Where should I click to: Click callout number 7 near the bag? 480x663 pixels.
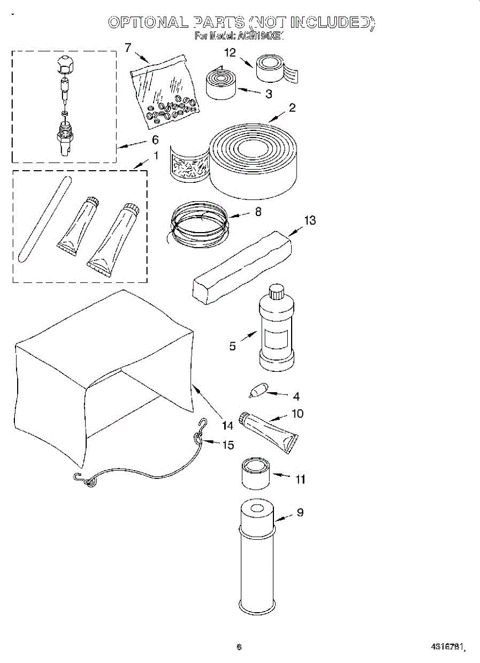tap(128, 48)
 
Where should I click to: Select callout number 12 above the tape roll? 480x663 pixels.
tap(230, 53)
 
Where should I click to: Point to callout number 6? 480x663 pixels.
tap(155, 140)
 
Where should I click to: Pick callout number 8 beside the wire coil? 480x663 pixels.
tap(258, 211)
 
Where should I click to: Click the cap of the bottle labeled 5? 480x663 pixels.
tap(275, 291)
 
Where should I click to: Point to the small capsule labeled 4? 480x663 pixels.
tap(257, 391)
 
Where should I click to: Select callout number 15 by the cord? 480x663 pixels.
tap(228, 445)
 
